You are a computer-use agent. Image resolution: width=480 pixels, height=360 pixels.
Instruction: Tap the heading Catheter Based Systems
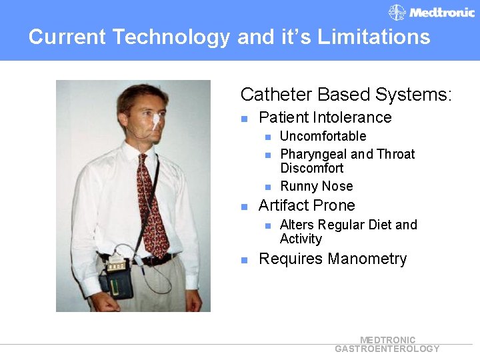346,95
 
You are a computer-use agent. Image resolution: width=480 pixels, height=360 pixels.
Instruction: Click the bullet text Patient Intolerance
325,118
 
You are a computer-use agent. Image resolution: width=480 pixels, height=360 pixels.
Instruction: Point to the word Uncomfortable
323,136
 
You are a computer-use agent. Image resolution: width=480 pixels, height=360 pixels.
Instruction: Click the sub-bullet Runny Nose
316,186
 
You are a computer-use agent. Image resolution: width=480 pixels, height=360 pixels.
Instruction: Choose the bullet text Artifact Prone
306,205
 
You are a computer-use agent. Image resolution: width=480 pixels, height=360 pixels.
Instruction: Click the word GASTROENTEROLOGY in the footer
387,349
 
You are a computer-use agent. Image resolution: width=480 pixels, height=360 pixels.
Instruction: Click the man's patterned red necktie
151,200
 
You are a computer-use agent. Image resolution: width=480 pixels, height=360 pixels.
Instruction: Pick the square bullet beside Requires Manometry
245,260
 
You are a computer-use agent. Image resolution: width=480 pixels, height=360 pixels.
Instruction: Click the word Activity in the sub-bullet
301,239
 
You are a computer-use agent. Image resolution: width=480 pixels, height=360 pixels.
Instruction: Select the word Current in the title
67,37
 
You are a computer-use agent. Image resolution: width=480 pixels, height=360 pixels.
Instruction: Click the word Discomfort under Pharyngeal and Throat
311,168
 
